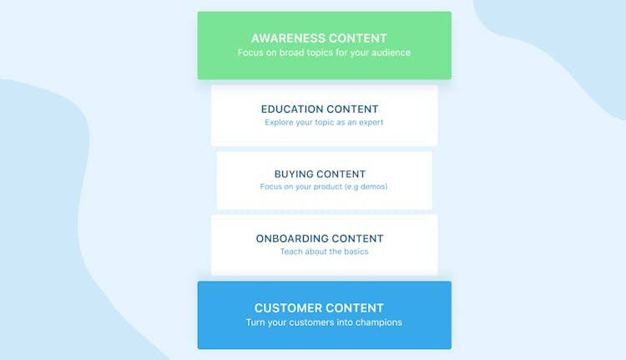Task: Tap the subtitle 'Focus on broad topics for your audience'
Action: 324,53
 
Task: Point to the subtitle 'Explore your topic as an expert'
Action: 324,122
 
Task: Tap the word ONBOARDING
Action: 292,239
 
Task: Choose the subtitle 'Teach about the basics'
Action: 324,251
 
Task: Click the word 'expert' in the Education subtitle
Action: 371,123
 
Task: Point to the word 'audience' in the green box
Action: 391,53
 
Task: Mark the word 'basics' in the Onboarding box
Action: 356,251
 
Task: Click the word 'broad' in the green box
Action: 291,53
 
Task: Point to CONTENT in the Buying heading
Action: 341,175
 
